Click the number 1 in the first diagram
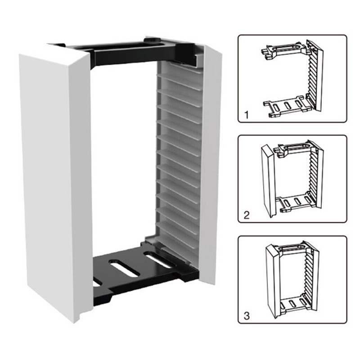click(x=247, y=115)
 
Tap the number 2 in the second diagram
click(x=246, y=215)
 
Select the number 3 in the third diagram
click(x=247, y=316)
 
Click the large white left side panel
click(x=55, y=181)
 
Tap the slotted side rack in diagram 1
click(x=315, y=75)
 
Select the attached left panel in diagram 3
click(x=273, y=281)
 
